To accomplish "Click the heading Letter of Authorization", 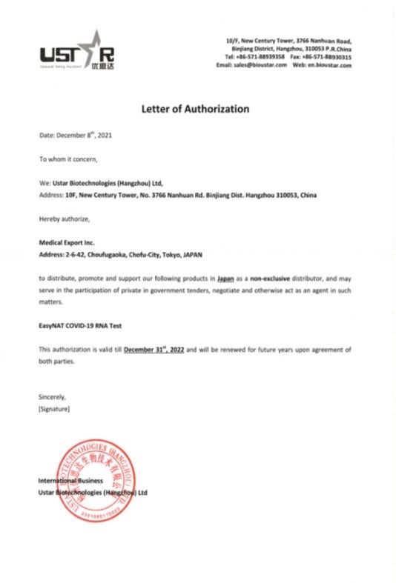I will tap(195, 109).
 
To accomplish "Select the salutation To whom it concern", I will tap(67, 159).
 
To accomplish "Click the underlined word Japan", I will tap(226, 276).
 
